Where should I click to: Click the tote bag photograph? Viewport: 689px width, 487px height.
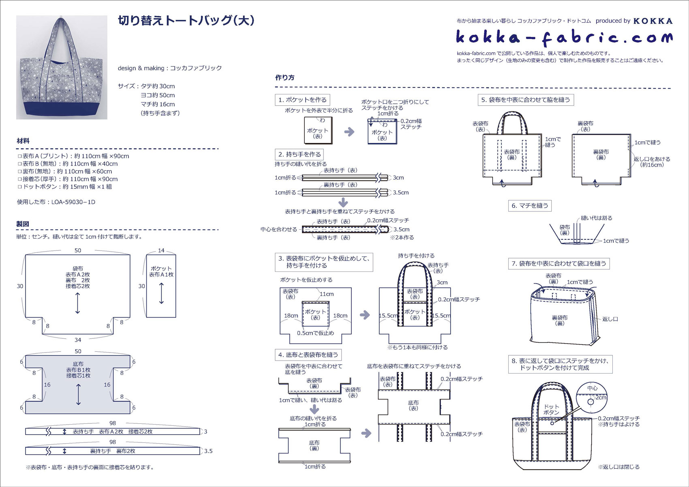[x=62, y=67]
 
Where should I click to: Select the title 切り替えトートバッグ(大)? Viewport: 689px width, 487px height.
[x=186, y=21]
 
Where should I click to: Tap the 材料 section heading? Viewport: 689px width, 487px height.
[x=23, y=141]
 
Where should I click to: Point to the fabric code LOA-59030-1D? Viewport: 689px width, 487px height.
[x=73, y=202]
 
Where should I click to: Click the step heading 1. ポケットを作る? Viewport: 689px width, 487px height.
[x=302, y=100]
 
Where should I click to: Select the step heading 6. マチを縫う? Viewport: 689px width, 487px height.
[x=530, y=205]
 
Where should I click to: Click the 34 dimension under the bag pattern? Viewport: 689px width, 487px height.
[x=78, y=340]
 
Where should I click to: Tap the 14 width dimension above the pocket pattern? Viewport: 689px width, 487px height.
[x=161, y=250]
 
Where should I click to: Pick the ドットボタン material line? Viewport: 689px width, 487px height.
[x=65, y=187]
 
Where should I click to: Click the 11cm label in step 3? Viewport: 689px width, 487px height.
[x=326, y=294]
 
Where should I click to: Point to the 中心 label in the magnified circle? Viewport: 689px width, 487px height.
[x=592, y=388]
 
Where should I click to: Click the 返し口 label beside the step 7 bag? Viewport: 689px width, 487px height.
[x=610, y=319]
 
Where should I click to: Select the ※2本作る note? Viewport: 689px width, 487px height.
[x=402, y=237]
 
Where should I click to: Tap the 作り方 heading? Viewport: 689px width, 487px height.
[x=285, y=77]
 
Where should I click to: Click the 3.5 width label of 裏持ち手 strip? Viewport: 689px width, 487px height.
[x=208, y=451]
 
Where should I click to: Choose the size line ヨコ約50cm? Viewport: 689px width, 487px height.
[x=158, y=95]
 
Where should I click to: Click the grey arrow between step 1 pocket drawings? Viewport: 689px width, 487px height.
[x=349, y=132]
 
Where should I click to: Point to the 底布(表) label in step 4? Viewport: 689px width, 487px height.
[x=413, y=405]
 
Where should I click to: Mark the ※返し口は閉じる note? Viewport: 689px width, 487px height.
[x=618, y=467]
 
